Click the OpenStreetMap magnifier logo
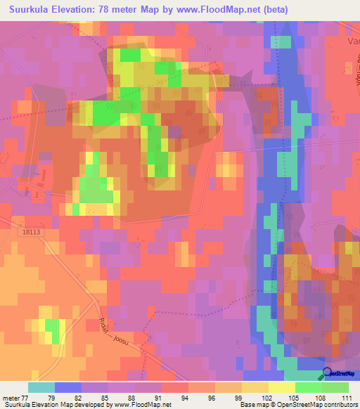[328, 375]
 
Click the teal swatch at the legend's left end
[41, 387]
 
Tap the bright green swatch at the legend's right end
[335, 387]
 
